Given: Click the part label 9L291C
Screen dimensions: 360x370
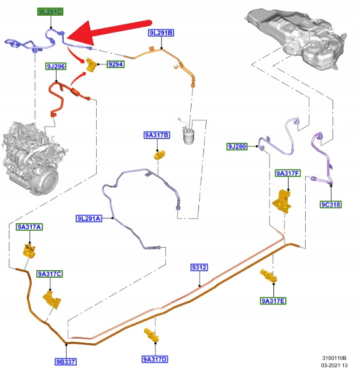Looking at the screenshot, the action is [x=51, y=12].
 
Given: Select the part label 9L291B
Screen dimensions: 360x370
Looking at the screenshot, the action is [x=162, y=33].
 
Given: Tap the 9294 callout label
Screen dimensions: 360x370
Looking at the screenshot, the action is [x=115, y=64].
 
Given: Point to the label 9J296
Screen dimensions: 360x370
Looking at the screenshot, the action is [x=56, y=66].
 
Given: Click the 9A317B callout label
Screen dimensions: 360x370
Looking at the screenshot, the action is [x=157, y=135].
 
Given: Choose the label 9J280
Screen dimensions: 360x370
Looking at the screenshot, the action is [x=237, y=147].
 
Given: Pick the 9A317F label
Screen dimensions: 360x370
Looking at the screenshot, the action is [x=288, y=173].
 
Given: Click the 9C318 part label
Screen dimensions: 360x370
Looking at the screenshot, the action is [x=331, y=205].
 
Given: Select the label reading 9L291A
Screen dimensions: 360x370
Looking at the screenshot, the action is [x=89, y=218].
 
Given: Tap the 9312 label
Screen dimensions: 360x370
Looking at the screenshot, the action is [x=199, y=267].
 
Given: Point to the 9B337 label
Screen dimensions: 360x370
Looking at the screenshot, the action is [x=66, y=362].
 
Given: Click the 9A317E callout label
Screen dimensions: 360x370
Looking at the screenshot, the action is [x=273, y=301].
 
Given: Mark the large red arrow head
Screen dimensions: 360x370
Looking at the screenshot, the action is [x=81, y=34].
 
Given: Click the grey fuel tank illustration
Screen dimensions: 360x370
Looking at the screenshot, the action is [x=296, y=38].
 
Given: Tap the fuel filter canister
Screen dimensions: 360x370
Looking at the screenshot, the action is [x=188, y=135].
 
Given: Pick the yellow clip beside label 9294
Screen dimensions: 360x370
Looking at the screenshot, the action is [x=91, y=65].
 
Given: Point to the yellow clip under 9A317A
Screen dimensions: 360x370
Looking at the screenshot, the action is [x=29, y=251].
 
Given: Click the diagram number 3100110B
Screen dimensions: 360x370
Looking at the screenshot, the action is [x=334, y=358].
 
